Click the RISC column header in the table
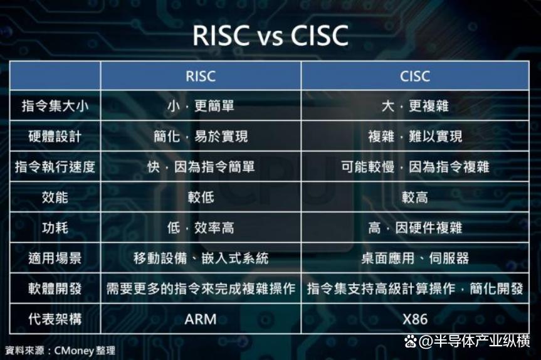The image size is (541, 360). (x=201, y=77)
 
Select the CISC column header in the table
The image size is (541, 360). (x=415, y=77)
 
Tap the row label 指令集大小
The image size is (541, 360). (x=55, y=106)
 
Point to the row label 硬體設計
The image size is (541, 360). (x=55, y=136)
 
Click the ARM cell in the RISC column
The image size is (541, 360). (x=201, y=319)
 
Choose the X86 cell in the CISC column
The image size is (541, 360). (x=415, y=319)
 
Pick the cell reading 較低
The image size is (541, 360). (x=201, y=198)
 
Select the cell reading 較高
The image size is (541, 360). (x=415, y=198)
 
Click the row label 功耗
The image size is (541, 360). (x=55, y=228)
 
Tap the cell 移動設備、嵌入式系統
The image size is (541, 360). (x=201, y=258)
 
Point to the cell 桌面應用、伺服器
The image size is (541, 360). (x=415, y=258)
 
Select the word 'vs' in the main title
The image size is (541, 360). (x=270, y=36)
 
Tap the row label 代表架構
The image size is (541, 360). (x=55, y=319)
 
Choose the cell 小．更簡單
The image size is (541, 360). (x=201, y=106)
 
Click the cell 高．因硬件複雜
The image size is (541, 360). (x=415, y=228)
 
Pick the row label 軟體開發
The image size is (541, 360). (x=55, y=289)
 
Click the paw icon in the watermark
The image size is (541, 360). (x=411, y=341)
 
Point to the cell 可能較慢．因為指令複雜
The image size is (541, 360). (x=415, y=167)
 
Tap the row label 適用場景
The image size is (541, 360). (x=55, y=258)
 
